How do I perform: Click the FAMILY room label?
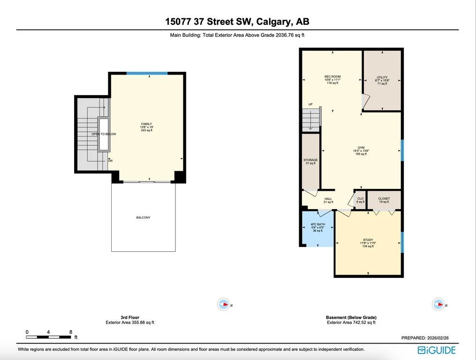click(x=146, y=124)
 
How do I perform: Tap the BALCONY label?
click(x=144, y=217)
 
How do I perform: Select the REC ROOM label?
click(x=332, y=77)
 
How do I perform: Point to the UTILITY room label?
click(x=382, y=77)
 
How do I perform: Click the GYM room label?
click(x=361, y=148)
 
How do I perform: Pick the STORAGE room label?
click(x=310, y=160)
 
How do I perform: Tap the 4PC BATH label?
click(x=317, y=225)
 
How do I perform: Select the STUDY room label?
click(x=368, y=240)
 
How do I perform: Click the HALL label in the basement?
click(x=328, y=199)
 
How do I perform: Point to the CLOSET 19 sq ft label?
click(x=384, y=200)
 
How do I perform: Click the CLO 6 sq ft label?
click(x=360, y=200)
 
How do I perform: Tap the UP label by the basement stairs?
click(x=310, y=104)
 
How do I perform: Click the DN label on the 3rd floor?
click(x=110, y=161)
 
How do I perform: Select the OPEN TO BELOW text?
click(x=104, y=134)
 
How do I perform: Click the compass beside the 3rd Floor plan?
click(x=223, y=304)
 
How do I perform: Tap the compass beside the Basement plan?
click(x=438, y=304)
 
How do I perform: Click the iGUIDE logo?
click(x=437, y=350)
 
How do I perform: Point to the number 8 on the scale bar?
click(x=71, y=332)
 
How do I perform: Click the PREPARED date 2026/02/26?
click(x=438, y=338)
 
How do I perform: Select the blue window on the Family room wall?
click(x=147, y=73)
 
